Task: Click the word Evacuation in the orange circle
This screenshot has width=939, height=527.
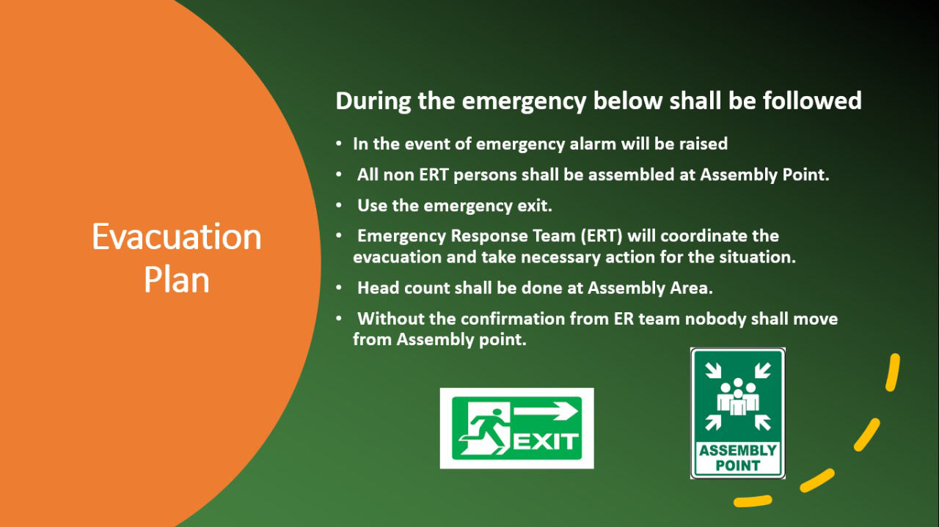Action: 177,237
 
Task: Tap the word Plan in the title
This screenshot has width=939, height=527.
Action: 177,280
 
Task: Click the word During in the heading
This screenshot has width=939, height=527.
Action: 373,101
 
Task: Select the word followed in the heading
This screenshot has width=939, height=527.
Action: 812,100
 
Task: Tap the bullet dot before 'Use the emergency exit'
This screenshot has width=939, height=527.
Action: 339,205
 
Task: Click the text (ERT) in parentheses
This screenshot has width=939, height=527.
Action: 602,236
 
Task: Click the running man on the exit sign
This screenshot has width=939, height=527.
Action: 486,432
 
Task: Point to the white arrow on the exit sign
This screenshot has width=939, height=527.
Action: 546,411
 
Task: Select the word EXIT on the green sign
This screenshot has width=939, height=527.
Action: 546,441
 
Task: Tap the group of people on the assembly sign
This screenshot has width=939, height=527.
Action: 738,397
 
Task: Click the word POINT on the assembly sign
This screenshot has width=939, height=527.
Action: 738,465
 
